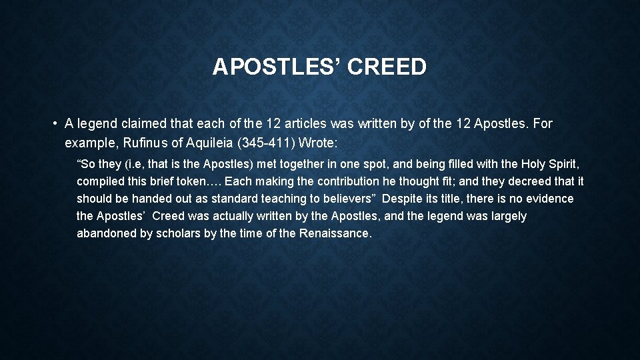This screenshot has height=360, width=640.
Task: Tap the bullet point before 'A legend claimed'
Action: click(x=53, y=123)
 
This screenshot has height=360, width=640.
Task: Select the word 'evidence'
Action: click(x=549, y=199)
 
